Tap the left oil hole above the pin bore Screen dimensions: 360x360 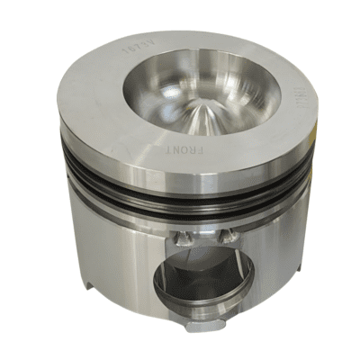(x=184, y=238)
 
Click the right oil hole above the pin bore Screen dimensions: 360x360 (x=227, y=236)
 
